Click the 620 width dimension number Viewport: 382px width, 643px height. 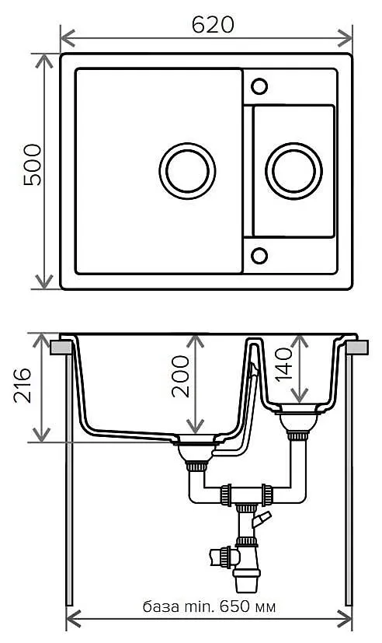(x=213, y=25)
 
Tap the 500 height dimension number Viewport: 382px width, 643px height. (x=33, y=165)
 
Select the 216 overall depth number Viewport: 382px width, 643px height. (x=22, y=386)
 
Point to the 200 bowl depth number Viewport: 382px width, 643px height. (x=180, y=376)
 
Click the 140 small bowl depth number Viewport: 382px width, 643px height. (x=283, y=364)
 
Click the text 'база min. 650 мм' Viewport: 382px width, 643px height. (x=209, y=606)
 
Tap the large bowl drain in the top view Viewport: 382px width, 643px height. (x=187, y=170)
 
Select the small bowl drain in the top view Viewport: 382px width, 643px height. (x=293, y=170)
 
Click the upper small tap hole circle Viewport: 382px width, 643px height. (x=259, y=86)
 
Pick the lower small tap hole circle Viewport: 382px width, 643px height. (x=259, y=256)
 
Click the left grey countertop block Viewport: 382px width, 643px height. (x=61, y=348)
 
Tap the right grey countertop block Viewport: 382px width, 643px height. (x=357, y=348)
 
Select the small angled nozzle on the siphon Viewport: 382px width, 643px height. (x=261, y=519)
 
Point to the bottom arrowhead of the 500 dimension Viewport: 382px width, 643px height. (x=43, y=282)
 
